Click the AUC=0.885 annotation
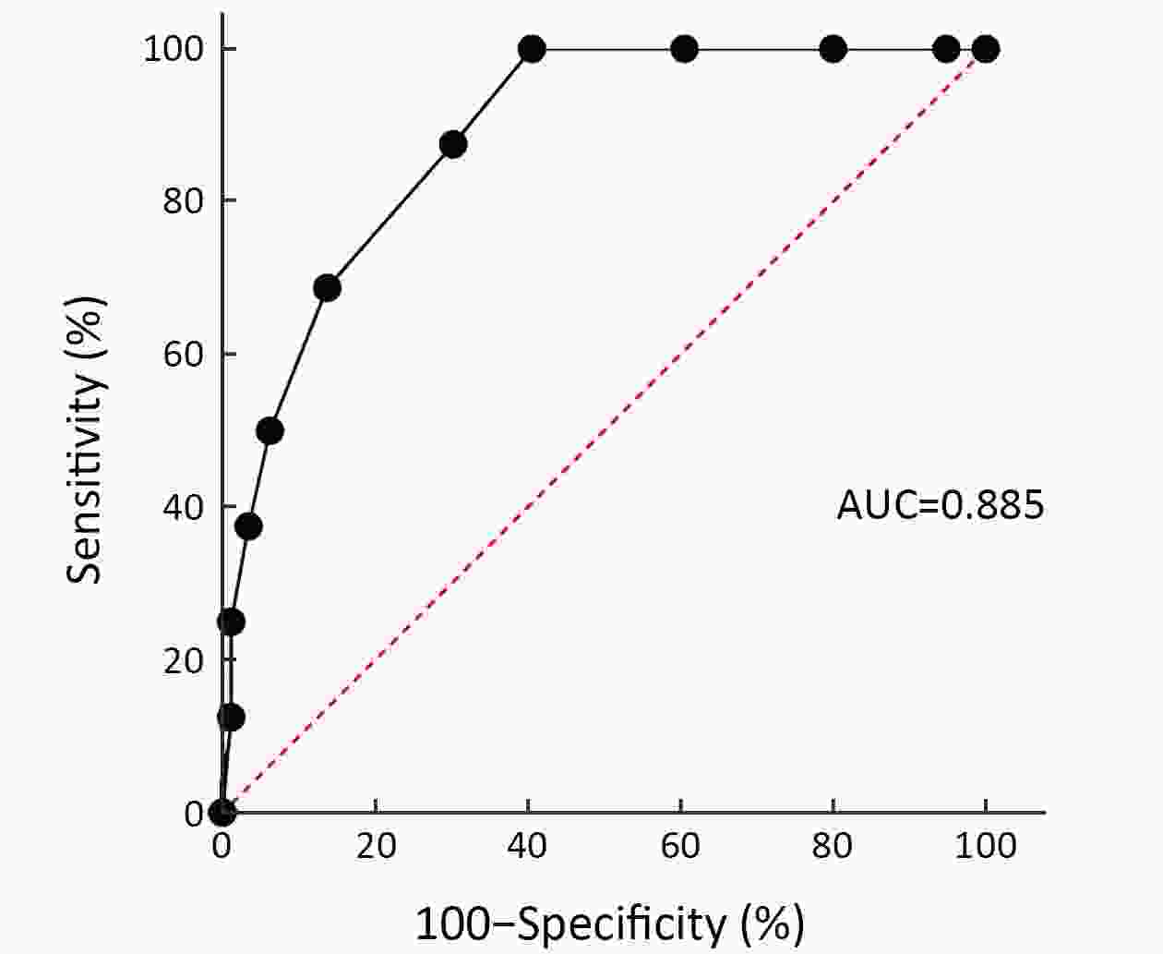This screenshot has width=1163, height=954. coord(940,505)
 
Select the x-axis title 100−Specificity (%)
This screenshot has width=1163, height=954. coord(609,923)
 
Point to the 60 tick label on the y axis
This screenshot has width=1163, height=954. coord(183,355)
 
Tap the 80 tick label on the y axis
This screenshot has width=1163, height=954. coord(183,201)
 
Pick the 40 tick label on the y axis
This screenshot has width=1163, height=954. coord(183,507)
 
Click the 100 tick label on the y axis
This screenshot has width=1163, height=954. coord(174,49)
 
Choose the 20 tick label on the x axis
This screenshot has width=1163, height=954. coord(376,846)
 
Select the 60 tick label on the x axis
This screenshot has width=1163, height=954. coord(680,846)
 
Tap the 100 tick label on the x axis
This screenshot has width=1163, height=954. coord(985,846)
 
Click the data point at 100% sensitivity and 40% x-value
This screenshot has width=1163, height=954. coord(531,49)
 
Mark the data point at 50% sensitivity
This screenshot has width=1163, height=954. coord(270,430)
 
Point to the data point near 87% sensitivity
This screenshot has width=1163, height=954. coord(452,145)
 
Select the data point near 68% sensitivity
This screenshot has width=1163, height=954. coord(327,288)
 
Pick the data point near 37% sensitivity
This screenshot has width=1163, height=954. coord(248,526)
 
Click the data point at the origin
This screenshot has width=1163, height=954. coord(222,813)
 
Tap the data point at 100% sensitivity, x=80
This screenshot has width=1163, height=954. coord(833,49)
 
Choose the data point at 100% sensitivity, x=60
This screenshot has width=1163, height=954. coord(684,49)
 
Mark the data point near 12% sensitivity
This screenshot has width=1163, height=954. coord(232,717)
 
